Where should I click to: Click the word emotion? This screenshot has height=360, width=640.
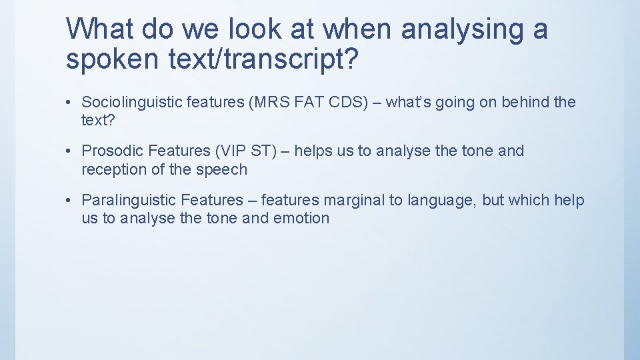[301, 218]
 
